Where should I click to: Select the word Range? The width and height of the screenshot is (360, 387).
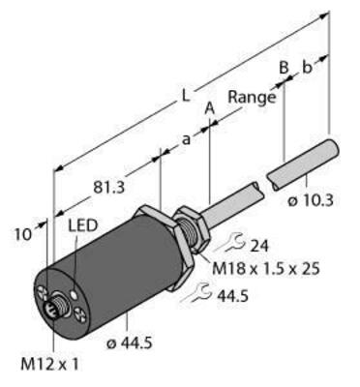point(249,97)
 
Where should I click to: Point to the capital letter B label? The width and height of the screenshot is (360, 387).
point(282,67)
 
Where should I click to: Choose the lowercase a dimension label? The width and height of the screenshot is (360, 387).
point(184,140)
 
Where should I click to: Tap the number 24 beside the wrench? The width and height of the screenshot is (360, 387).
point(259,244)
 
